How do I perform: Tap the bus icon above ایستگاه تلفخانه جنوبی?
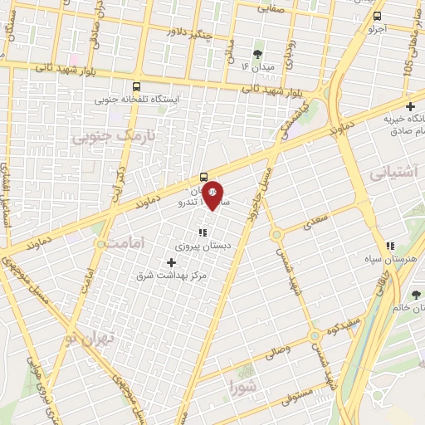(x=136, y=85)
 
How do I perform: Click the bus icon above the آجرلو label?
(x=378, y=16)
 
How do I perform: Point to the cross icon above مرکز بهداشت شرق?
(x=172, y=262)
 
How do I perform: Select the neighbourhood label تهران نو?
(x=83, y=338)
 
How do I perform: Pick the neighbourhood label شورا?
(x=247, y=386)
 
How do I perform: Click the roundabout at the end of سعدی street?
(x=276, y=234)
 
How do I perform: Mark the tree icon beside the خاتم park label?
(x=417, y=295)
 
